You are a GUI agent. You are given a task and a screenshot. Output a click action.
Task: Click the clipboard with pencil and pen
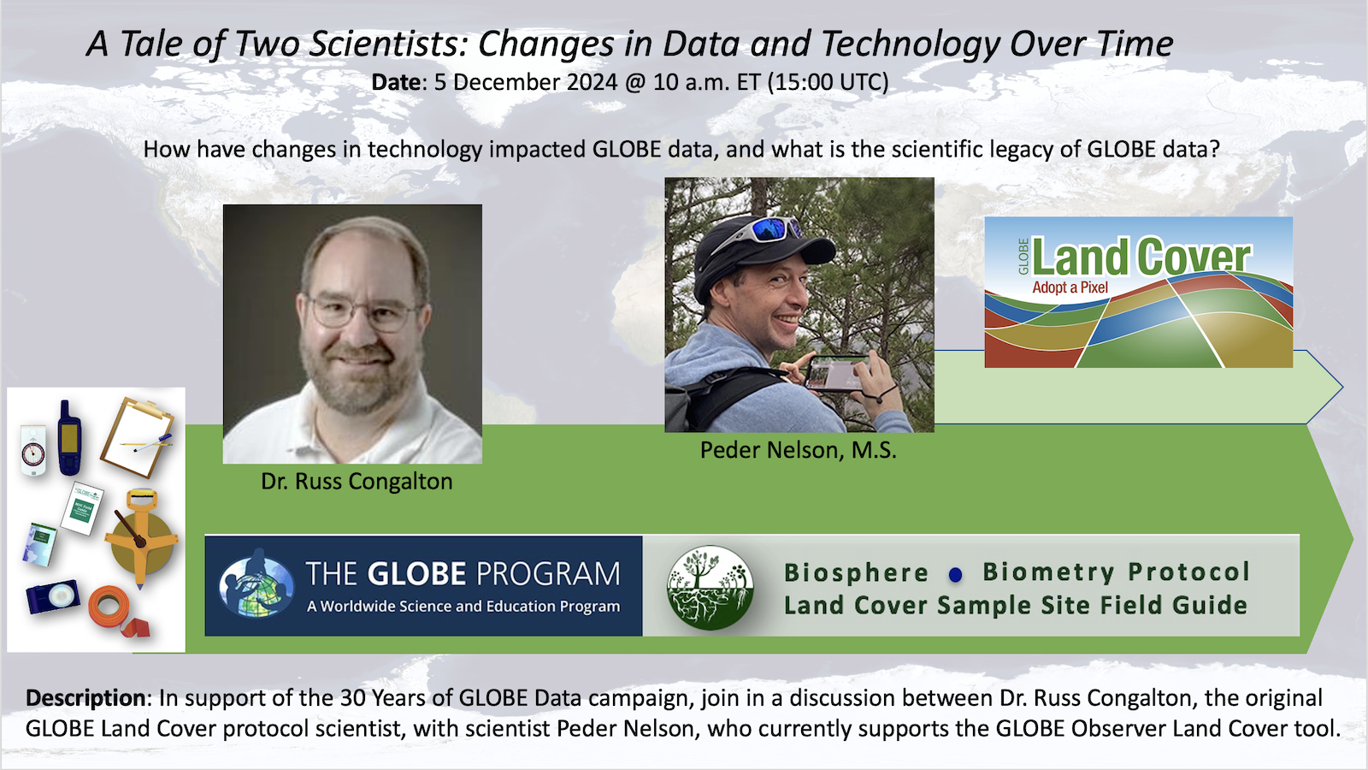[x=138, y=436]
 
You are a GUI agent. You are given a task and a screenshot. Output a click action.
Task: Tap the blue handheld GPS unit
[x=69, y=437]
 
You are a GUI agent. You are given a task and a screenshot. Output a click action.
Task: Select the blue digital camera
[x=52, y=595]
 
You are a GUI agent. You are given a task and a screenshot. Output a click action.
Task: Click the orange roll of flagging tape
[x=117, y=612]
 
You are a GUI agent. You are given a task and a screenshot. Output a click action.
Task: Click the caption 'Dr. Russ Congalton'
[x=357, y=482]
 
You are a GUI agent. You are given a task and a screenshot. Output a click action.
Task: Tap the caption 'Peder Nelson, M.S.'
[x=799, y=450]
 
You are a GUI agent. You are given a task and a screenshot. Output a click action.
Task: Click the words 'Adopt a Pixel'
[x=1070, y=287]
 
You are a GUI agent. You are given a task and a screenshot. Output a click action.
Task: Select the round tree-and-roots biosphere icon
[x=710, y=587]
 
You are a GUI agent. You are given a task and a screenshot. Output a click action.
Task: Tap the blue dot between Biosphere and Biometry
[x=956, y=574]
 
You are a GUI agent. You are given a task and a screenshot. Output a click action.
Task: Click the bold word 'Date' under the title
[x=397, y=82]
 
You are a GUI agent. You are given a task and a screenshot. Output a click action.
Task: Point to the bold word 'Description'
[x=85, y=698]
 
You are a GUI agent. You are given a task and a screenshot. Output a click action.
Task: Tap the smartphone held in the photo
[x=834, y=373]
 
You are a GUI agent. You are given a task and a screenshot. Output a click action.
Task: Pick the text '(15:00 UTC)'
[x=828, y=82]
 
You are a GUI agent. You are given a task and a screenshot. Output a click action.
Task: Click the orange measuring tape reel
[x=141, y=538]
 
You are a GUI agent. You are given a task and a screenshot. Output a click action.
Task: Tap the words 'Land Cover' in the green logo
[x=1141, y=257]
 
